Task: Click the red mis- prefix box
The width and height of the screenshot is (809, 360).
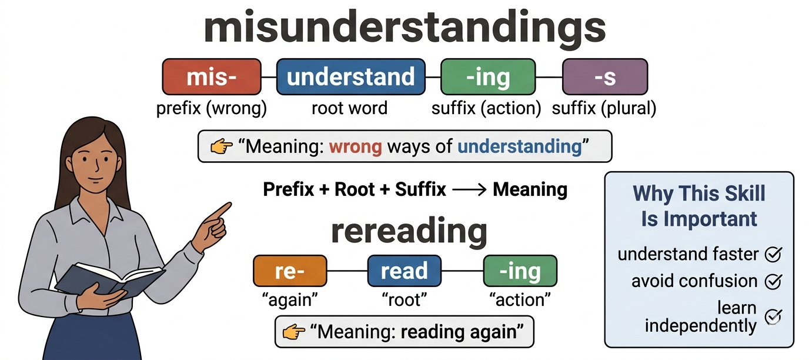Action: [x=211, y=76]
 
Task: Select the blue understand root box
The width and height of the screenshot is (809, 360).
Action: [x=350, y=76]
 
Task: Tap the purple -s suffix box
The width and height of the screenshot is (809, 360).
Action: [x=604, y=76]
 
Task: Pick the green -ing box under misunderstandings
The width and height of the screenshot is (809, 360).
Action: [x=488, y=76]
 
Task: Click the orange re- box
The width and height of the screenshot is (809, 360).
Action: [x=289, y=271]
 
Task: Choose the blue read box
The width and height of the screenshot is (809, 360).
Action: [x=404, y=271]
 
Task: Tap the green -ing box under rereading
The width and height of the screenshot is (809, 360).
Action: [x=520, y=271]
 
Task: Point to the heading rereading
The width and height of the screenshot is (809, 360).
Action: [x=409, y=231]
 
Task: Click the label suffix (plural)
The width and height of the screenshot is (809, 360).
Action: [x=604, y=108]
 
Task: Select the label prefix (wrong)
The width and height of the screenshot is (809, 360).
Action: [x=211, y=108]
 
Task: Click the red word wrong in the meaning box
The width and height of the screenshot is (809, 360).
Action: [x=355, y=146]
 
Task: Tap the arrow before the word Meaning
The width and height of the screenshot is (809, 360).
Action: [x=469, y=189]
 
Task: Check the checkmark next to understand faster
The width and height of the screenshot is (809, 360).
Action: [x=773, y=254]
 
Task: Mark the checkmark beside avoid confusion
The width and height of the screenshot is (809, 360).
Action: [x=773, y=281]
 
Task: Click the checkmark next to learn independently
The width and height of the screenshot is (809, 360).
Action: [x=773, y=316]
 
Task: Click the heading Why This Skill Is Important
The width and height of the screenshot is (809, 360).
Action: [x=698, y=206]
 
